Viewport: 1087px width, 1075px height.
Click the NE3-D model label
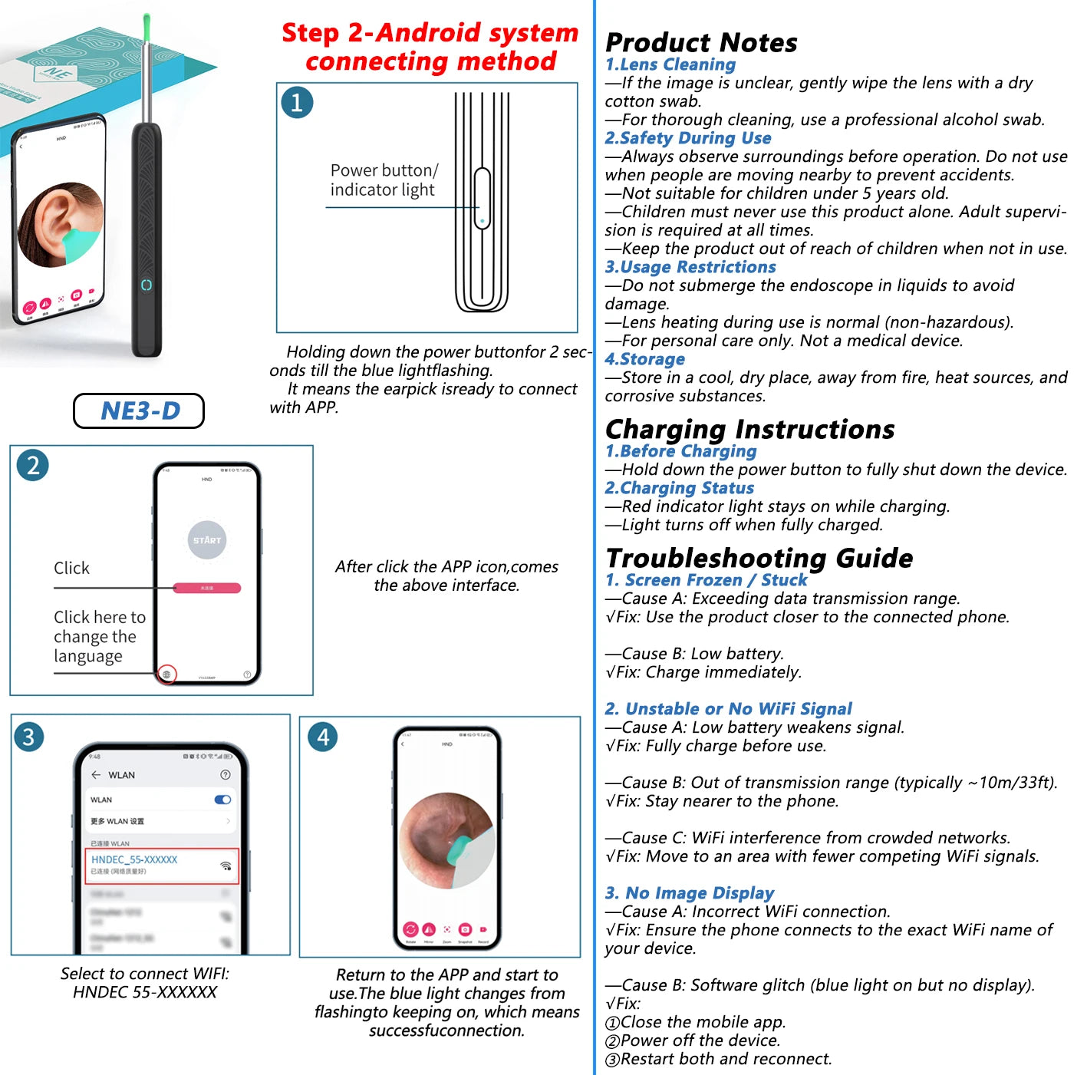click(x=140, y=411)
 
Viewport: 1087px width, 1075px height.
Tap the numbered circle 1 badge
click(x=297, y=102)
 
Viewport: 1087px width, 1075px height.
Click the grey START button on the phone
click(x=207, y=540)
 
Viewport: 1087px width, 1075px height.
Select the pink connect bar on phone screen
click(x=207, y=588)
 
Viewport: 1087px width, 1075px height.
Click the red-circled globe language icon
click(x=166, y=674)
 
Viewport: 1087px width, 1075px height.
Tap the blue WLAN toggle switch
click(x=223, y=800)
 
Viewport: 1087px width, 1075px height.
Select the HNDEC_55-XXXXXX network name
click(x=134, y=859)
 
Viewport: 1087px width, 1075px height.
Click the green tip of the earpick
click(x=147, y=29)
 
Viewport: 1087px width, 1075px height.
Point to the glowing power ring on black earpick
click(x=147, y=285)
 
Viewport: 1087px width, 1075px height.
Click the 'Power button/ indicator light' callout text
click(x=384, y=180)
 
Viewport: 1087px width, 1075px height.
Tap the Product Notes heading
click(x=701, y=42)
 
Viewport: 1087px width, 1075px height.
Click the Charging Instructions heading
click(x=749, y=429)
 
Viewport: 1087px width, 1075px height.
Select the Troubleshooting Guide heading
click(x=759, y=558)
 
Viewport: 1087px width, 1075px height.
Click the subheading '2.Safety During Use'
click(x=687, y=138)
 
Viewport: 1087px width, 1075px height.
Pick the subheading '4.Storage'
click(x=644, y=359)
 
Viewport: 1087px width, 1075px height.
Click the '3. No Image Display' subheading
click(x=689, y=893)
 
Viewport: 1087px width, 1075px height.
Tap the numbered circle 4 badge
click(x=323, y=737)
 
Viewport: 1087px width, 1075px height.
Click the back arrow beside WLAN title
click(x=96, y=775)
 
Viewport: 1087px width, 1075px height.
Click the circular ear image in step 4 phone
click(x=446, y=841)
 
